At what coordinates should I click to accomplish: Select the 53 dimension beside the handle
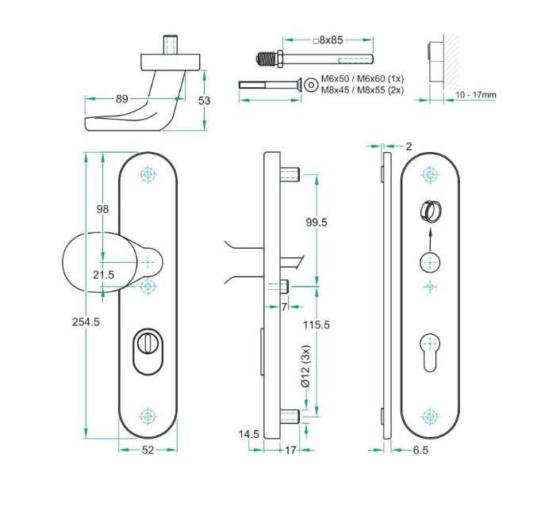pyautogui.click(x=205, y=101)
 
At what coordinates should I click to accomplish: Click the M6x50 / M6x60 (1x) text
pyautogui.click(x=362, y=80)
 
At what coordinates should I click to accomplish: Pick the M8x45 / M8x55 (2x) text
pyautogui.click(x=362, y=90)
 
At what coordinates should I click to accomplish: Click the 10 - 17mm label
pyautogui.click(x=476, y=95)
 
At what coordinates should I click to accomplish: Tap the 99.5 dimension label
pyautogui.click(x=316, y=223)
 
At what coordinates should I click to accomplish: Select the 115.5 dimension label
pyautogui.click(x=316, y=325)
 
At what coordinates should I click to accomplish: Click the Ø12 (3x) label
pyautogui.click(x=305, y=367)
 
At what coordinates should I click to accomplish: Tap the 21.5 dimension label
pyautogui.click(x=104, y=274)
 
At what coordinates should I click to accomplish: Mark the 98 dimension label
pyautogui.click(x=102, y=209)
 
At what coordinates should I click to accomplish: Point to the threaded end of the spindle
pyautogui.click(x=270, y=58)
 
